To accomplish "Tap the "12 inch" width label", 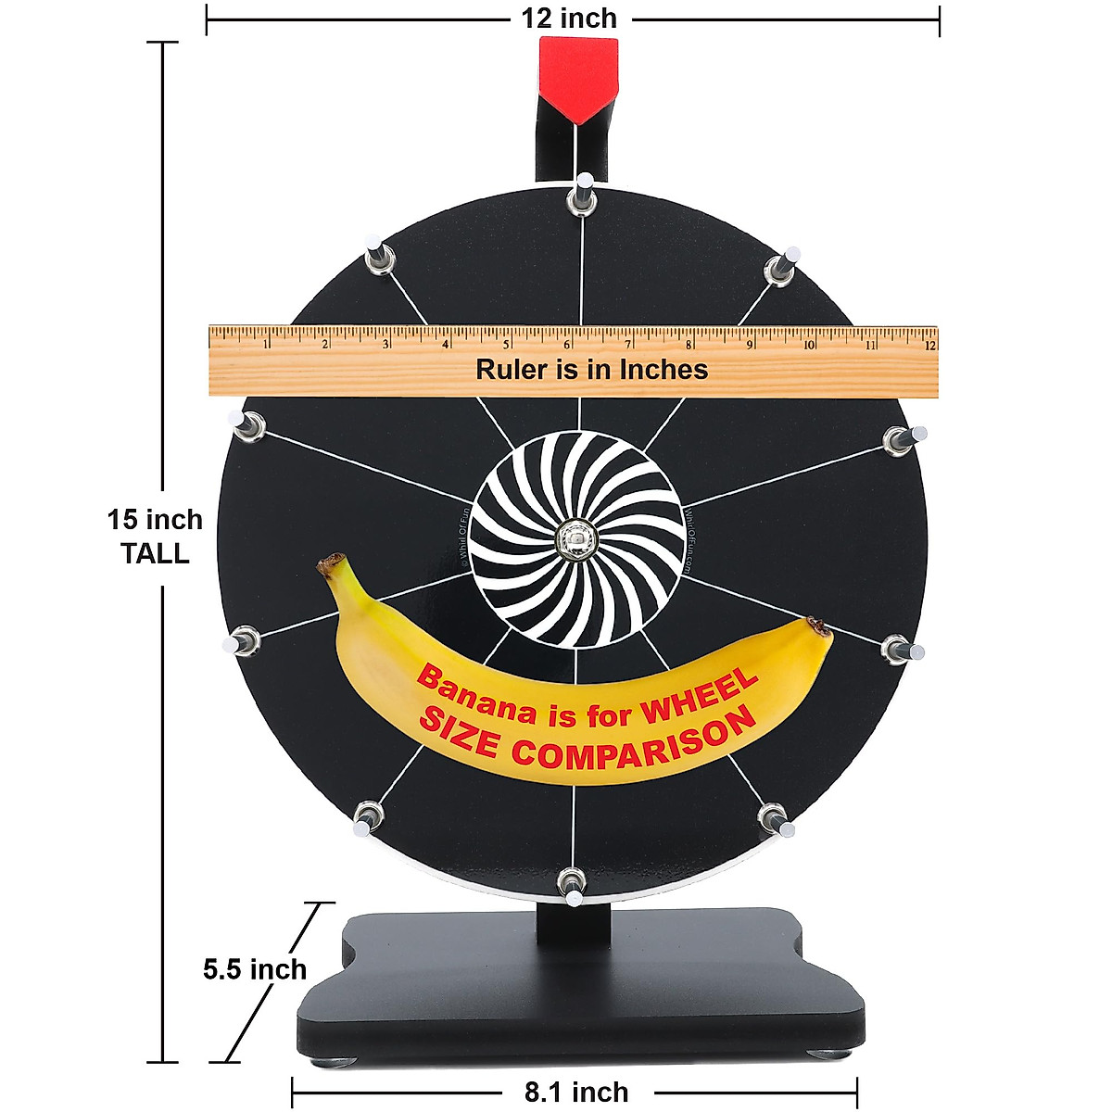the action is (x=569, y=18).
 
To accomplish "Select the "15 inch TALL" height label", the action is (x=155, y=537).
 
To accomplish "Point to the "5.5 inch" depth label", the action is (x=255, y=969).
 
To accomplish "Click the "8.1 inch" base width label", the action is (x=576, y=1093).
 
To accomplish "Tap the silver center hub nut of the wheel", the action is (x=576, y=538).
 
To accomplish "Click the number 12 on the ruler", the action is (x=928, y=345).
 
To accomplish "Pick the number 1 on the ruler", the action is (x=266, y=345).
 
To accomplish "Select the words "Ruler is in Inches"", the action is (x=591, y=370).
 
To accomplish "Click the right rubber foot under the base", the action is (x=828, y=1052).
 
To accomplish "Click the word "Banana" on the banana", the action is (x=475, y=694).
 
